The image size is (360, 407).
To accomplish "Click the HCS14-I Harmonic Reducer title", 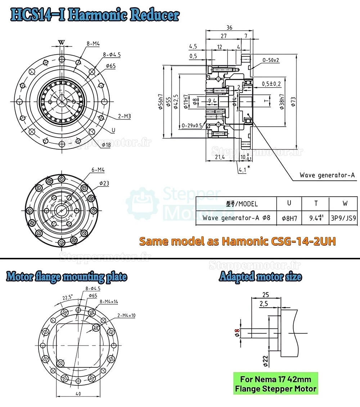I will (95, 15).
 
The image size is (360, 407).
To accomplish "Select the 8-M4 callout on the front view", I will (93, 44).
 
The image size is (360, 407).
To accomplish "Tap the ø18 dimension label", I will (106, 145).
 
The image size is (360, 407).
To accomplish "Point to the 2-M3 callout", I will (124, 116).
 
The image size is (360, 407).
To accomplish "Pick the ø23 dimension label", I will (104, 183).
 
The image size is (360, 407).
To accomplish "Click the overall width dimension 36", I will (229, 27).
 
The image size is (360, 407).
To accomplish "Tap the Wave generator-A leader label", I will (327, 175).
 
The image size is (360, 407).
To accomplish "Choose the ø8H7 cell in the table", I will (289, 218).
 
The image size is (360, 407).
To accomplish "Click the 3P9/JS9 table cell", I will (345, 218).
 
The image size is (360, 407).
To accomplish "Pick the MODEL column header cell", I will (236, 203).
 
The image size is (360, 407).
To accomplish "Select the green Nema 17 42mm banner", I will (275, 384).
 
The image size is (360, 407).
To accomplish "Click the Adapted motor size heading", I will (260, 277).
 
